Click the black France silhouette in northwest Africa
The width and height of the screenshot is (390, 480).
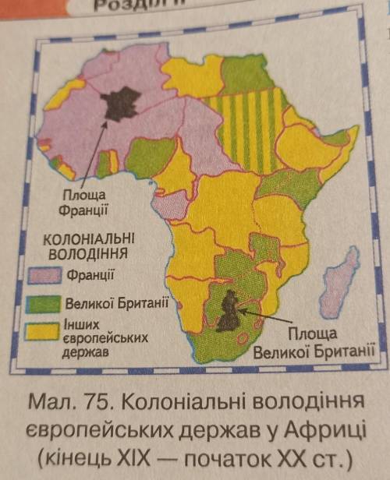coord(123,102)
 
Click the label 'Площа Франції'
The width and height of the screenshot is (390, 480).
coord(82,203)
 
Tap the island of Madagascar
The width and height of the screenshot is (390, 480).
coord(343,281)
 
